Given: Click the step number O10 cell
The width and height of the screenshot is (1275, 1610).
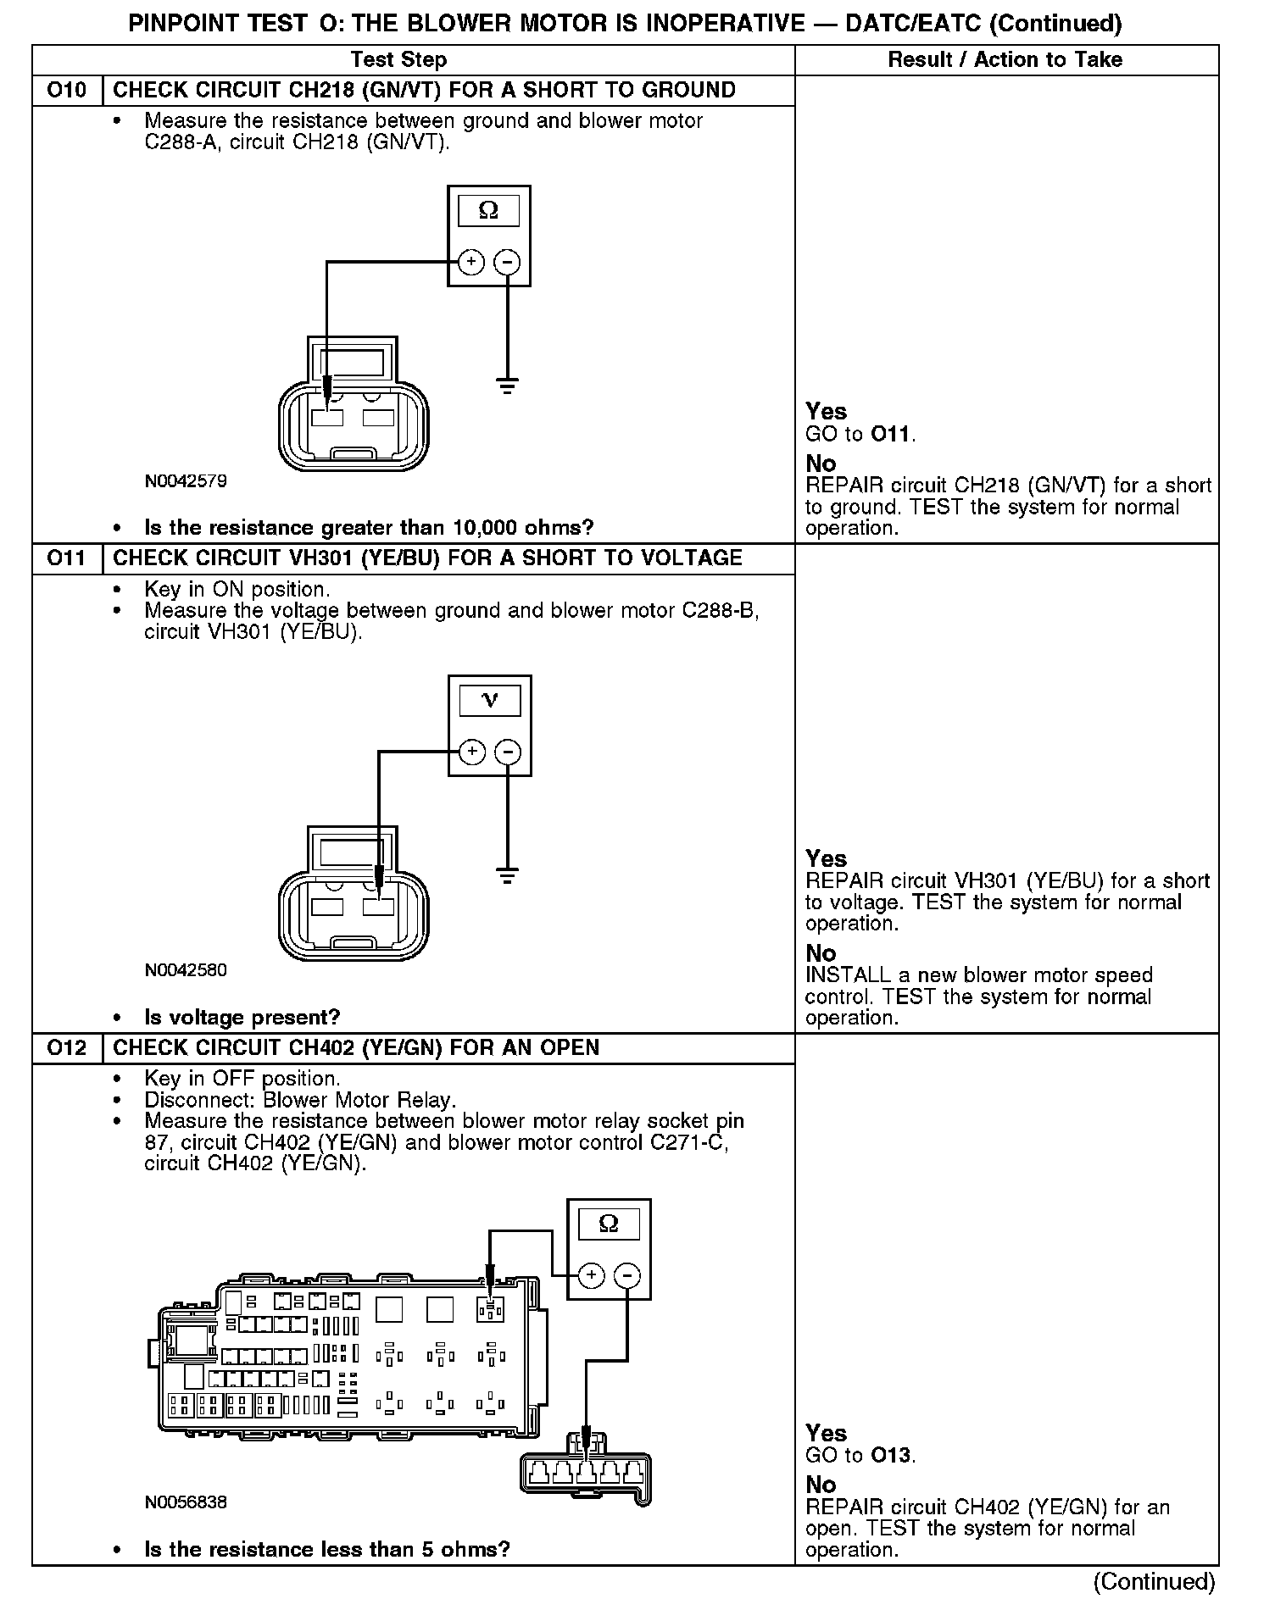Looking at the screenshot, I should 67,91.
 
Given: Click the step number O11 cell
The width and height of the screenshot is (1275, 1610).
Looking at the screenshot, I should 67,558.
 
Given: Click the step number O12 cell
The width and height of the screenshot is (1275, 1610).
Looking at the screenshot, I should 67,1048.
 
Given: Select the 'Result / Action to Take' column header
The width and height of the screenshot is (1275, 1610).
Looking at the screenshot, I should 1005,60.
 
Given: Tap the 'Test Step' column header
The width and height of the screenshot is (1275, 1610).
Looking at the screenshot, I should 398,60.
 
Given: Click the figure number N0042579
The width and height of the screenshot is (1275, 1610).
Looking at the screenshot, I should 186,481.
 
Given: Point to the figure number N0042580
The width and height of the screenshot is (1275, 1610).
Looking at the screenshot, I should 186,970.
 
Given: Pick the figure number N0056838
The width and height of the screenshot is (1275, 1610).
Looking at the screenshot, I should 186,1502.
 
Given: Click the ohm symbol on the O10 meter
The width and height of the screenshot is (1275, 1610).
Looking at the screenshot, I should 489,210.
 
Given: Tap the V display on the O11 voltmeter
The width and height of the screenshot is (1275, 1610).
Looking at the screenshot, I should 490,700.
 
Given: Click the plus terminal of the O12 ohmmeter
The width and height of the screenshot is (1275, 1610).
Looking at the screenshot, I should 592,1276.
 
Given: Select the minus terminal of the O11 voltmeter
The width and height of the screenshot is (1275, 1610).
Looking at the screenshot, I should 508,752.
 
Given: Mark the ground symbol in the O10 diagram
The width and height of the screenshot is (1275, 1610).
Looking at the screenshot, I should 507,386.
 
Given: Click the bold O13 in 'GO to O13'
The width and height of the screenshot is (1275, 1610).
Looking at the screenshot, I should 891,1456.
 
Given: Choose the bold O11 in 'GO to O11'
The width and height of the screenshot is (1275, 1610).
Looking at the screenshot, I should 891,435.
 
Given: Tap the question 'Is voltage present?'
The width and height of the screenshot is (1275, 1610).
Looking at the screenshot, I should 242,1017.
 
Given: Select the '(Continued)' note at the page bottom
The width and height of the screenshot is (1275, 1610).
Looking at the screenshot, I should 1154,1581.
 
